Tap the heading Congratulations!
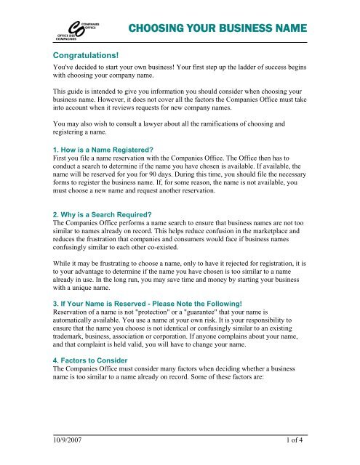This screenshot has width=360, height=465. coord(87,55)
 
